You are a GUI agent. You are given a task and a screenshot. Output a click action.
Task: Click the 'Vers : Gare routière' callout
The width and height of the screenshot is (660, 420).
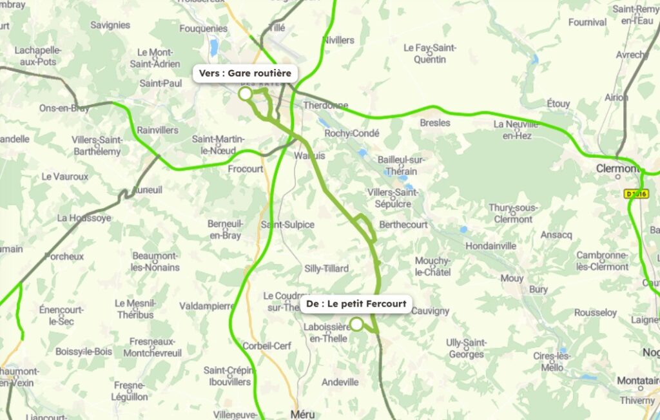(x=246, y=73)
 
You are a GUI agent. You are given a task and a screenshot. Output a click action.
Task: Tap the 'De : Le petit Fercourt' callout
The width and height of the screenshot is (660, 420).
(x=356, y=303)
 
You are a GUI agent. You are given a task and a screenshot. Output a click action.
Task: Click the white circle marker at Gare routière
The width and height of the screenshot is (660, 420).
(x=245, y=93)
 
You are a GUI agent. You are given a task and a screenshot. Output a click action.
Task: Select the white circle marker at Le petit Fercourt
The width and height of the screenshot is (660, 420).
(x=356, y=324)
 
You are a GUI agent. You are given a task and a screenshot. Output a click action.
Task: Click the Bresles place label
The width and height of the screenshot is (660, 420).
(x=435, y=122)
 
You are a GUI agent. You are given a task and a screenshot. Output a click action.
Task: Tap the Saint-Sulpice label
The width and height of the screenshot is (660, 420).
(x=287, y=225)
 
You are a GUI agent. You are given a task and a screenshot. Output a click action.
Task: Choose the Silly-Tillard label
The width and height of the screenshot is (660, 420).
(x=326, y=269)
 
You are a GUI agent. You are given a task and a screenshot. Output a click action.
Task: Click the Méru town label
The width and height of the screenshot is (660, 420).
(x=303, y=414)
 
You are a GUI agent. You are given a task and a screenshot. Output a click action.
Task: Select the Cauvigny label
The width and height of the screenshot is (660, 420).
(x=430, y=311)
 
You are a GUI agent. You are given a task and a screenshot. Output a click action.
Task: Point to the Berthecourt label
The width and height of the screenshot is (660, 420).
(x=403, y=225)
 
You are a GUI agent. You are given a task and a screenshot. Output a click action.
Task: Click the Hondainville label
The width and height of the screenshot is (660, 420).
(x=491, y=245)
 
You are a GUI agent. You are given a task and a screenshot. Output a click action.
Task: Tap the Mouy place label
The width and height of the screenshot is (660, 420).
(x=512, y=278)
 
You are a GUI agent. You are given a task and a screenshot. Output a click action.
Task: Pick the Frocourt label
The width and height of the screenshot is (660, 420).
(x=246, y=169)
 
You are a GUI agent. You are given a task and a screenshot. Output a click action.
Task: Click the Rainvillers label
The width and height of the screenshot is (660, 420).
(x=157, y=130)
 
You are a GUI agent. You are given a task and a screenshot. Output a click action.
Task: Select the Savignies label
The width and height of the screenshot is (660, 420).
(x=110, y=25)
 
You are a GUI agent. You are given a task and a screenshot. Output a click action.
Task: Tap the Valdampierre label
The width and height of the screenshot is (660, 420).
(x=206, y=306)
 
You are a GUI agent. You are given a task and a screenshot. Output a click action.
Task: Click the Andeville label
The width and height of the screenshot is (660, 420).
(x=340, y=382)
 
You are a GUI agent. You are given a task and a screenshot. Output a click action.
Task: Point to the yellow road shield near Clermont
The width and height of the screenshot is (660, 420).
(x=636, y=194)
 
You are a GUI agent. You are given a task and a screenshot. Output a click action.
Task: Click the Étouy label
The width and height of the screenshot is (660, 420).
(x=558, y=103)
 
